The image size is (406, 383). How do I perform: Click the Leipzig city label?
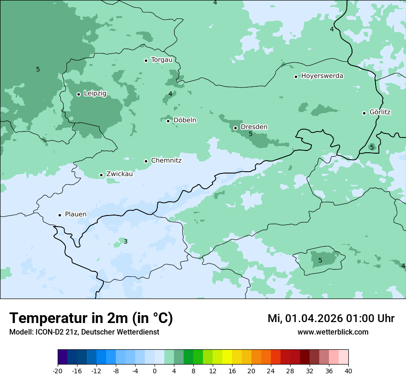tap(95, 94)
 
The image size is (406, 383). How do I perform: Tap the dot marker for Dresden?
tap(235, 128)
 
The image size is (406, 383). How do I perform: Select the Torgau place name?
tap(161, 60)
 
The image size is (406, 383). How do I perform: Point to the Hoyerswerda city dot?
tap(296, 77)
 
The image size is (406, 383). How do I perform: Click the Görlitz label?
tap(380, 112)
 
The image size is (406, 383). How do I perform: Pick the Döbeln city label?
tap(185, 120)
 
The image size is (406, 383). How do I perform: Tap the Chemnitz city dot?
tap(146, 161)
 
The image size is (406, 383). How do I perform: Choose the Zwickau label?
tap(119, 174)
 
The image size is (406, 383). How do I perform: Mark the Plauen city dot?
tap(60, 215)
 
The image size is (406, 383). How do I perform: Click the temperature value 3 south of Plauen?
tap(125, 241)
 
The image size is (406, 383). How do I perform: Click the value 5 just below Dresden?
tap(251, 134)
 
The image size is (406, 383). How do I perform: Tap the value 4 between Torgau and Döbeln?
tap(170, 94)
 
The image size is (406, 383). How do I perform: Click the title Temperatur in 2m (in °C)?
tap(91, 318)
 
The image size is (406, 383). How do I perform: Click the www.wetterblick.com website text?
tap(333, 332)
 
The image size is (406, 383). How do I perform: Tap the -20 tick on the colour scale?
tap(58, 371)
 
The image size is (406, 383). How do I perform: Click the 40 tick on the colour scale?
tap(348, 371)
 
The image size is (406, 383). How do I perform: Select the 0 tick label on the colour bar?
tap(155, 371)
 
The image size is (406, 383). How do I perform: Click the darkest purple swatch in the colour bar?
tap(62, 357)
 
